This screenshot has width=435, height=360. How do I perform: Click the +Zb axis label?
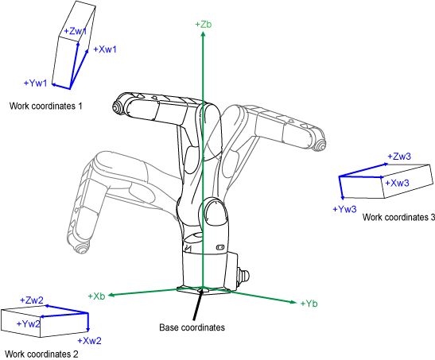click(204, 25)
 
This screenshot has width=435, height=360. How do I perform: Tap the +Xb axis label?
click(96, 296)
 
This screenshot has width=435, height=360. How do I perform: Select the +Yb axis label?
click(309, 304)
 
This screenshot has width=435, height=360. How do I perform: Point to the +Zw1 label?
click(76, 31)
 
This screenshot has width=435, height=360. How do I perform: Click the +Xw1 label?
click(105, 49)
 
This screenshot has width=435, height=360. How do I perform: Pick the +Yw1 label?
click(36, 83)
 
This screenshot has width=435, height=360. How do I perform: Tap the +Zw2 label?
click(32, 300)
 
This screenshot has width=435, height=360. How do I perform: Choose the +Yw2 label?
click(29, 323)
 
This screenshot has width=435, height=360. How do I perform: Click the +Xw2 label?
click(89, 341)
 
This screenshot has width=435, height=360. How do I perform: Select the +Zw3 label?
click(399, 157)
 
